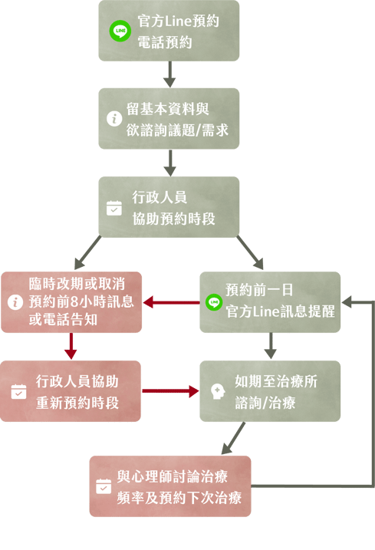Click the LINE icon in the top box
click(x=120, y=31)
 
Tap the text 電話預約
click(x=165, y=43)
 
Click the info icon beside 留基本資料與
click(x=114, y=119)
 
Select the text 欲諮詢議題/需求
click(x=177, y=130)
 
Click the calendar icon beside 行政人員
click(x=114, y=208)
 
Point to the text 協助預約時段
click(x=173, y=219)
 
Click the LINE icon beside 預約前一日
click(x=214, y=302)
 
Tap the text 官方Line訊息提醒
click(x=280, y=311)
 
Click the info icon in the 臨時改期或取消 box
click(x=15, y=302)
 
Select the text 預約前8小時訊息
click(x=81, y=301)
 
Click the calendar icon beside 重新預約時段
click(x=18, y=392)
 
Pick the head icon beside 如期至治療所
click(x=218, y=391)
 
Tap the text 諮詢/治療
click(x=265, y=403)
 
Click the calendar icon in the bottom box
click(x=104, y=486)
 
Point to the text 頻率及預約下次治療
click(x=179, y=498)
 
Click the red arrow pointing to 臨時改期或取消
click(x=172, y=302)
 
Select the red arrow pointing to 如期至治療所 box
click(x=170, y=391)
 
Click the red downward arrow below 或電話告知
click(x=71, y=346)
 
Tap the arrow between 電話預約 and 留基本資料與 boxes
click(x=169, y=74)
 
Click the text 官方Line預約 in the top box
click(x=178, y=21)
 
